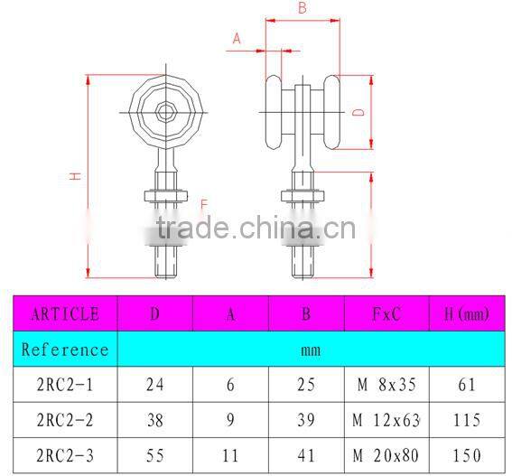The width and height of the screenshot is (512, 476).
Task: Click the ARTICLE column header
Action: [65, 314]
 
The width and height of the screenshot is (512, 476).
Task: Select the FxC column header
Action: [386, 314]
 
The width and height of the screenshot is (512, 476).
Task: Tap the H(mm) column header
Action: [466, 314]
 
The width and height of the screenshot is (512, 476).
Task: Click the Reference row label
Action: [65, 349]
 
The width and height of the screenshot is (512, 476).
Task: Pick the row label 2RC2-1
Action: [65, 384]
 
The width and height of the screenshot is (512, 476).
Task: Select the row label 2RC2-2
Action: [65, 420]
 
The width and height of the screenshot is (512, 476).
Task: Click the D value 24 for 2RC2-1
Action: [154, 384]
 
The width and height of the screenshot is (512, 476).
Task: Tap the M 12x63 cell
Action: [386, 420]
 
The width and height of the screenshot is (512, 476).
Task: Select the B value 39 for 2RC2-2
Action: [306, 420]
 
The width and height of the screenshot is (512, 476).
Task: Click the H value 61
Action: [466, 384]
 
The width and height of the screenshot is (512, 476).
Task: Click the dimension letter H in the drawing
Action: [76, 176]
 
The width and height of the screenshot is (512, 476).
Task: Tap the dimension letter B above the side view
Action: [302, 8]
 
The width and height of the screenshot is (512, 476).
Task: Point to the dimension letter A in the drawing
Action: [237, 38]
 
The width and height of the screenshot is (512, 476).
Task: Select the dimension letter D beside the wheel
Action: [358, 112]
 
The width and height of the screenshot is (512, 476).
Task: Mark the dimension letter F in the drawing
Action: [204, 203]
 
